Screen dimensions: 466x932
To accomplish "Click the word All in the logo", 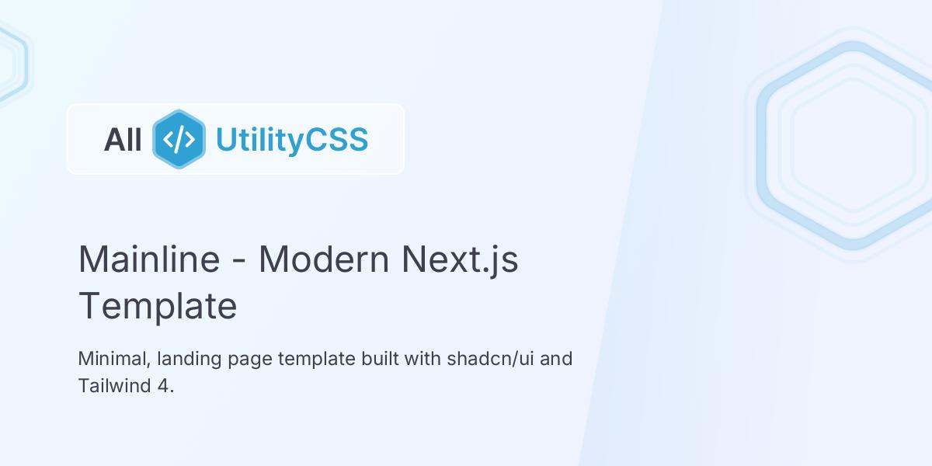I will click(123, 140).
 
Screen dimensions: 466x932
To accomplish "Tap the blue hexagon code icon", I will click(179, 140).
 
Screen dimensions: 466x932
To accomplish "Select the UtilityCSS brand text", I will click(291, 140).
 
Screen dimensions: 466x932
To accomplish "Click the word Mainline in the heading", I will click(149, 259).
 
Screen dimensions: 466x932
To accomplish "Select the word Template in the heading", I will click(158, 306).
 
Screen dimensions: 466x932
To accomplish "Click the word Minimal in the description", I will click(113, 359).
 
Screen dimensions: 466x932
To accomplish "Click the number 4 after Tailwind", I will click(164, 385).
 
